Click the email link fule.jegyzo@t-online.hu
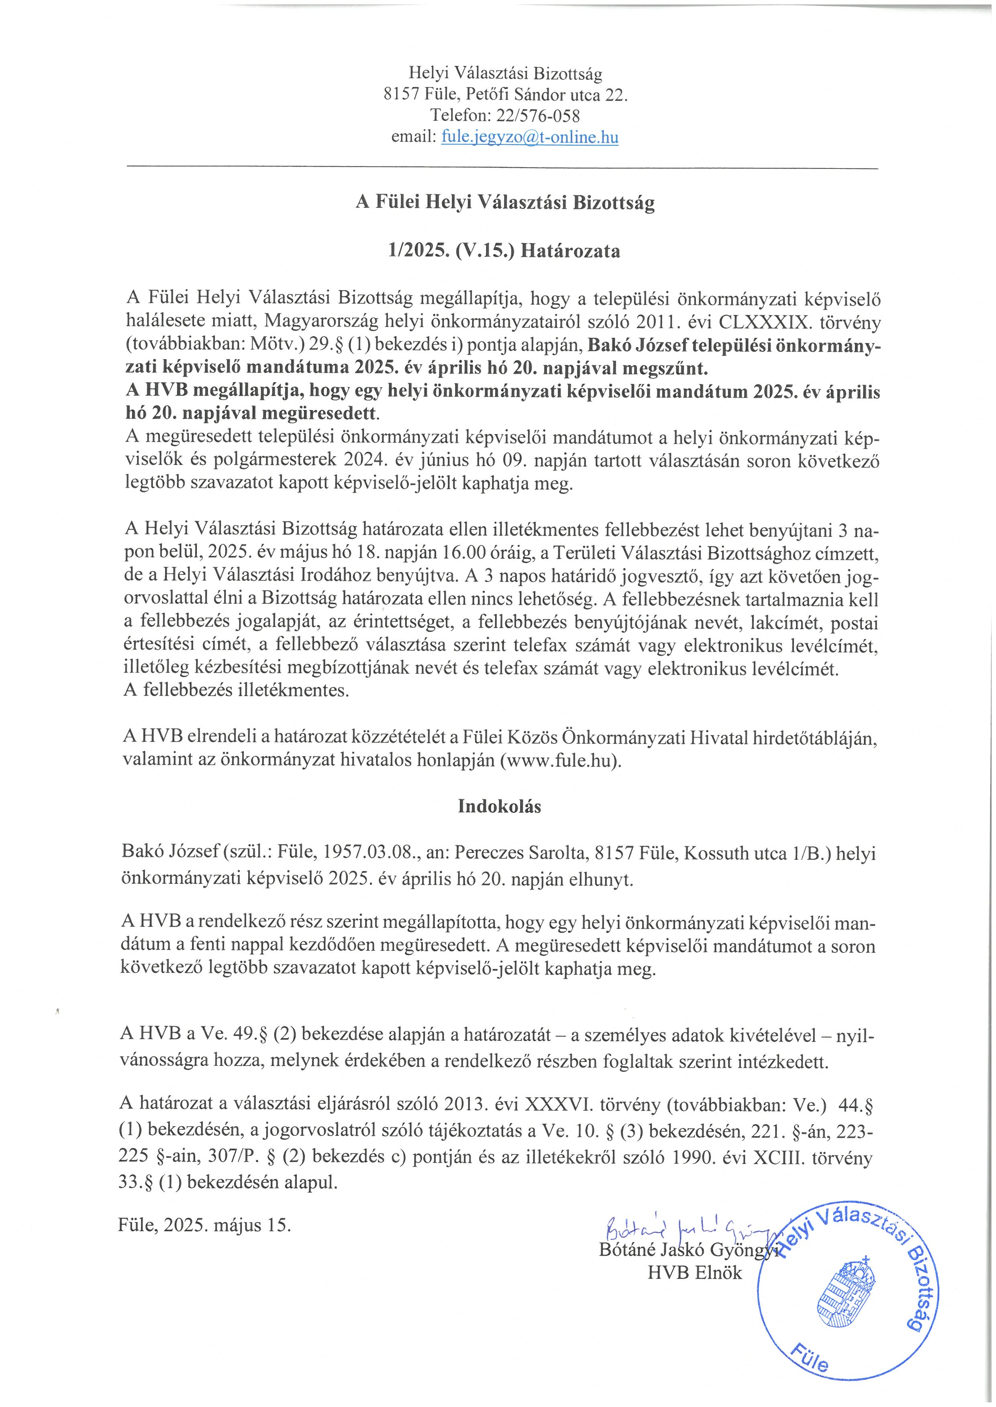click(529, 137)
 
